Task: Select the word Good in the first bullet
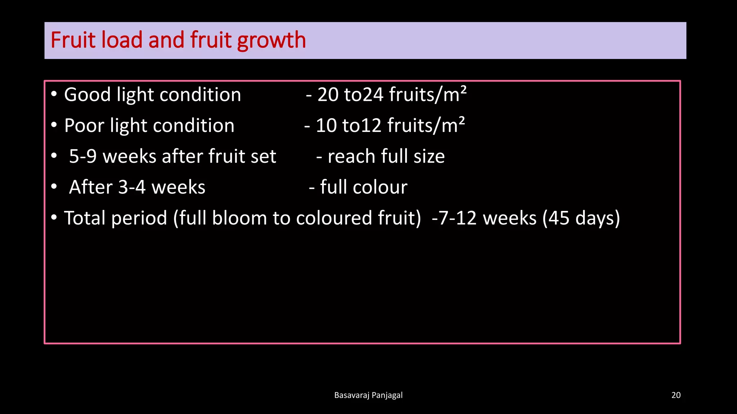click(x=87, y=95)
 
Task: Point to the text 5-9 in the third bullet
click(x=83, y=157)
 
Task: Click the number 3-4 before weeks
click(x=132, y=188)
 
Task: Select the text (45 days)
click(x=581, y=218)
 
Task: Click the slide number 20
click(x=676, y=395)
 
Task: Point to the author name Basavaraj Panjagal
click(x=368, y=395)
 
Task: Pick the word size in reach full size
click(x=429, y=157)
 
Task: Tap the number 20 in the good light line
click(x=328, y=95)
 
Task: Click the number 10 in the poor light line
click(x=326, y=126)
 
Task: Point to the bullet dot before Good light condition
click(x=54, y=94)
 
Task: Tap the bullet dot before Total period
click(x=54, y=217)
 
